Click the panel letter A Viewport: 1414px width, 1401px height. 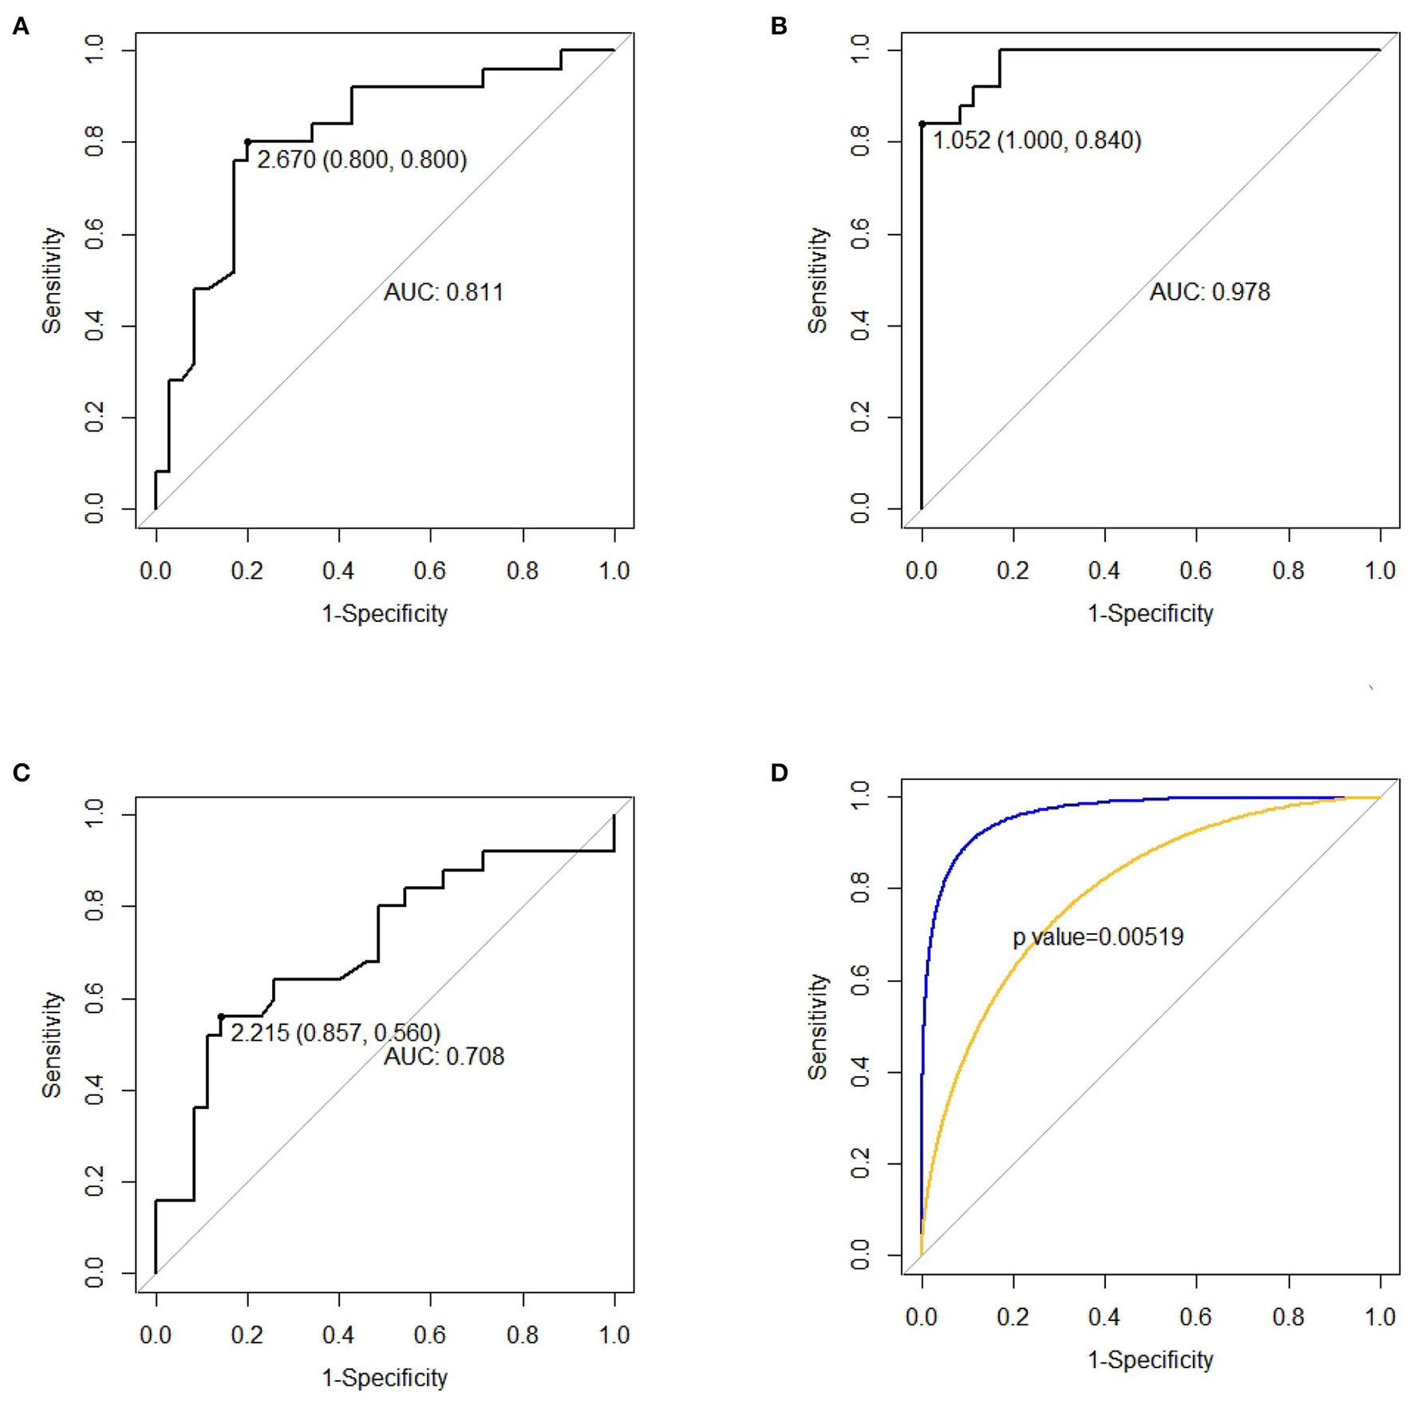click(x=21, y=26)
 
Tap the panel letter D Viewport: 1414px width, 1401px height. click(x=779, y=773)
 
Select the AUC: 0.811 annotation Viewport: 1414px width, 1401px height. click(x=444, y=292)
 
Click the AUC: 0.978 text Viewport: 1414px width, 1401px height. click(x=1210, y=292)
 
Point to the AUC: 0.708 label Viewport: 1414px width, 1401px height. click(x=444, y=1057)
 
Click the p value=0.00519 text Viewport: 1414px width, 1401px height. click(x=1098, y=936)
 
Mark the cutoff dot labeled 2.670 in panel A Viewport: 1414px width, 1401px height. click(x=247, y=142)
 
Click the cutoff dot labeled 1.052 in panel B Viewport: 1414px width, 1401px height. click(x=922, y=124)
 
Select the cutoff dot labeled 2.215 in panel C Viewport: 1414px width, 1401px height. click(x=221, y=1017)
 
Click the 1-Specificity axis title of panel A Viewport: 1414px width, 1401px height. click(x=385, y=613)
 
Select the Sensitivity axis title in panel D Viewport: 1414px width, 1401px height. click(x=817, y=1027)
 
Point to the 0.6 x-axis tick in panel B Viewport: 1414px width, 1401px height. click(x=1196, y=570)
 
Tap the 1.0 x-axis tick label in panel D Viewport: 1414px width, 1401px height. click(x=1380, y=1316)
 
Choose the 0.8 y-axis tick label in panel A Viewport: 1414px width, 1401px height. click(x=94, y=142)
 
